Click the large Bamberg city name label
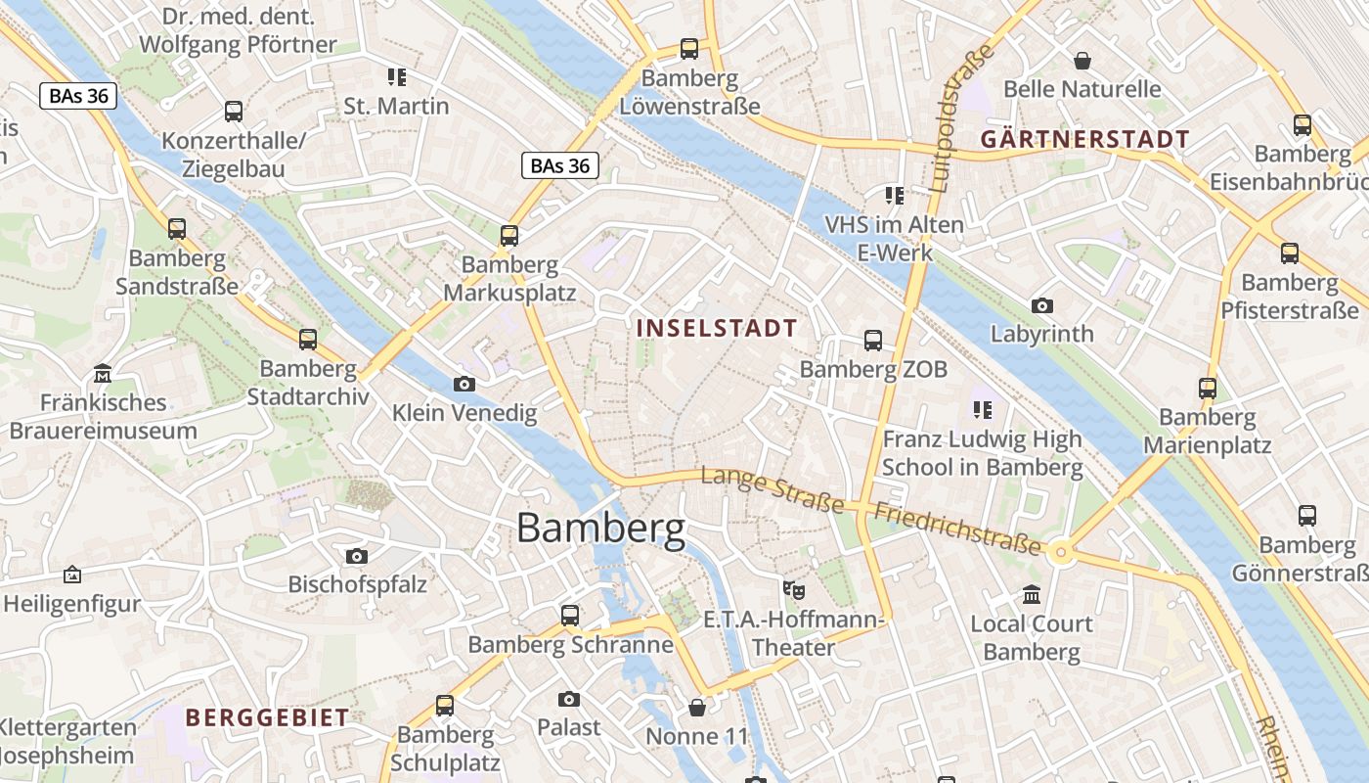(600, 529)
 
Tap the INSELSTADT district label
(717, 328)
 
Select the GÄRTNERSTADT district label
(1084, 139)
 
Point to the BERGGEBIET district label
(267, 717)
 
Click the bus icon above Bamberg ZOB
(873, 341)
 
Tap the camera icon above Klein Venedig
(464, 384)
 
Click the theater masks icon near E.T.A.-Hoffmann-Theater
(793, 590)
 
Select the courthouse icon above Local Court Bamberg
(1032, 594)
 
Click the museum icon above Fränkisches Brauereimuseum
(103, 373)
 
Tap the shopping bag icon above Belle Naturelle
(1082, 61)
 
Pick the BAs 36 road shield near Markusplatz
(559, 165)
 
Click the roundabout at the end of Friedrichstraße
(1061, 553)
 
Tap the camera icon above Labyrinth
(1042, 305)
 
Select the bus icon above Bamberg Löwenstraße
(689, 48)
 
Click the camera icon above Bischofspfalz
(357, 556)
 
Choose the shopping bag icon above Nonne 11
(697, 707)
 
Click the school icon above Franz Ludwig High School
(982, 409)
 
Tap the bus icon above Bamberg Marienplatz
(1208, 388)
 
